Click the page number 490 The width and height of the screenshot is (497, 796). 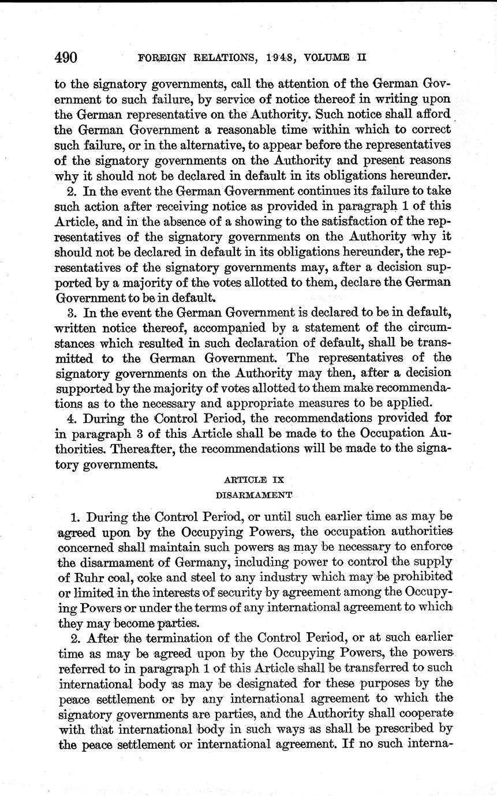click(x=66, y=58)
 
